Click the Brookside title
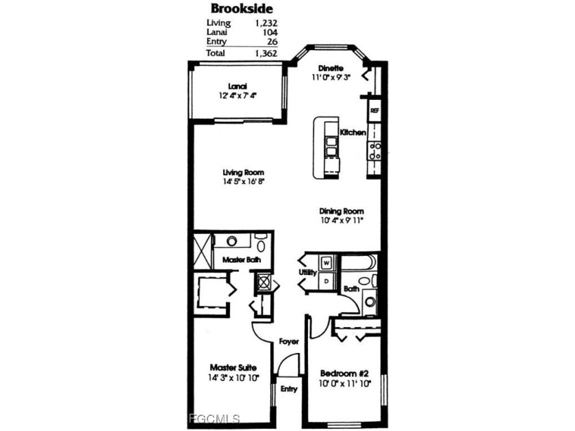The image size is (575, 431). pyautogui.click(x=242, y=8)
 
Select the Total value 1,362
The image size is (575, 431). pyautogui.click(x=266, y=53)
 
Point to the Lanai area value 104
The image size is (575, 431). pyautogui.click(x=270, y=32)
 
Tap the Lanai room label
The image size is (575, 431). pyautogui.click(x=238, y=86)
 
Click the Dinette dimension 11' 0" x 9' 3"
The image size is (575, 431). pyautogui.click(x=331, y=77)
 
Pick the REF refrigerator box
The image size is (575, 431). pyautogui.click(x=374, y=110)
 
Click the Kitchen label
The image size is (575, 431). pyautogui.click(x=353, y=132)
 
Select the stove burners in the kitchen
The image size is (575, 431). pyautogui.click(x=374, y=151)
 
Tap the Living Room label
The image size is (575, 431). pyautogui.click(x=244, y=172)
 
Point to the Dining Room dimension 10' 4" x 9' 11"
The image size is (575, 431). pyautogui.click(x=342, y=220)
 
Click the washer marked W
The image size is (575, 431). pyautogui.click(x=327, y=263)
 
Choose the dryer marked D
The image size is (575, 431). pyautogui.click(x=327, y=281)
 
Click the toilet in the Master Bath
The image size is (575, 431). pyautogui.click(x=261, y=243)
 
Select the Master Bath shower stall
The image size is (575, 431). pyautogui.click(x=203, y=252)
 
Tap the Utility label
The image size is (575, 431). pyautogui.click(x=307, y=272)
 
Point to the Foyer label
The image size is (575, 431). pyautogui.click(x=289, y=341)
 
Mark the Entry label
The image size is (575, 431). pyautogui.click(x=289, y=389)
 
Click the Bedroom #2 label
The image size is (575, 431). pyautogui.click(x=344, y=374)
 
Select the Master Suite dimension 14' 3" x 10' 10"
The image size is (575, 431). pyautogui.click(x=233, y=378)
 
